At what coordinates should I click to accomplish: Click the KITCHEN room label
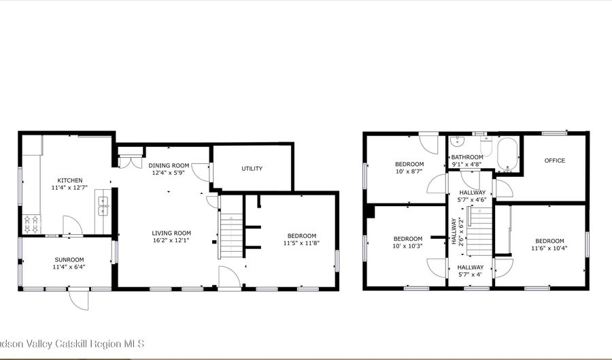pyautogui.click(x=70, y=180)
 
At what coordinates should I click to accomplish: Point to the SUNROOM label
pyautogui.click(x=69, y=260)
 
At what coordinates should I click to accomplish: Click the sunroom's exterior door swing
pyautogui.click(x=81, y=299)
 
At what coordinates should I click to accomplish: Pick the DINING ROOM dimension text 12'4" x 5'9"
pyautogui.click(x=169, y=174)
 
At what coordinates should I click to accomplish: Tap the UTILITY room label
pyautogui.click(x=252, y=169)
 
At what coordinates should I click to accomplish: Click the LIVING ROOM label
pyautogui.click(x=171, y=233)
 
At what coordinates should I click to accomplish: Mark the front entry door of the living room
pyautogui.click(x=228, y=278)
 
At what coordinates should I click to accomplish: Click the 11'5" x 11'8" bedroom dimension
pyautogui.click(x=301, y=243)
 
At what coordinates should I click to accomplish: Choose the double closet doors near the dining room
pyautogui.click(x=126, y=161)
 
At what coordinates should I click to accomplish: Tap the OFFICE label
pyautogui.click(x=554, y=161)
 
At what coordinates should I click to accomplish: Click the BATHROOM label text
pyautogui.click(x=467, y=157)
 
